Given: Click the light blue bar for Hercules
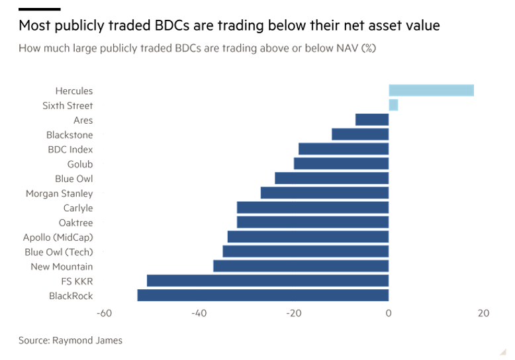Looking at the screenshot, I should (431, 91).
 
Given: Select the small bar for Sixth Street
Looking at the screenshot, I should (393, 105).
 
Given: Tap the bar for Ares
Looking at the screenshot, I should (372, 120).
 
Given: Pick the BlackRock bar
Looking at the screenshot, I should (263, 296).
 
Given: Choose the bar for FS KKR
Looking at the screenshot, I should (267, 281).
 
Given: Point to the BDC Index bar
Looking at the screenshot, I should (344, 150).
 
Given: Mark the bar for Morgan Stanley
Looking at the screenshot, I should (324, 193).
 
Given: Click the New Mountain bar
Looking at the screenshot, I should (301, 267).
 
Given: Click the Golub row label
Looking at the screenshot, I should (80, 164).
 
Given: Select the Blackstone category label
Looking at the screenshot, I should (70, 135).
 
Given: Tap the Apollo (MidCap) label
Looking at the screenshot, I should (58, 237).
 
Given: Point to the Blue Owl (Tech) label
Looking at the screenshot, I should (59, 252).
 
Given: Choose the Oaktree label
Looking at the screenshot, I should (75, 223).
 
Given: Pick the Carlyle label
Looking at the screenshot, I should (78, 208).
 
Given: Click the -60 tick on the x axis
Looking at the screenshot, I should (103, 313).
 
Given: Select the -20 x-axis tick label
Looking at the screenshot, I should (293, 313).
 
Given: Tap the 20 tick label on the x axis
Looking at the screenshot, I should (483, 313).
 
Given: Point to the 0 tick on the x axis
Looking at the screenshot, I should (389, 313).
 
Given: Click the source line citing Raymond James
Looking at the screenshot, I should (70, 340).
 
